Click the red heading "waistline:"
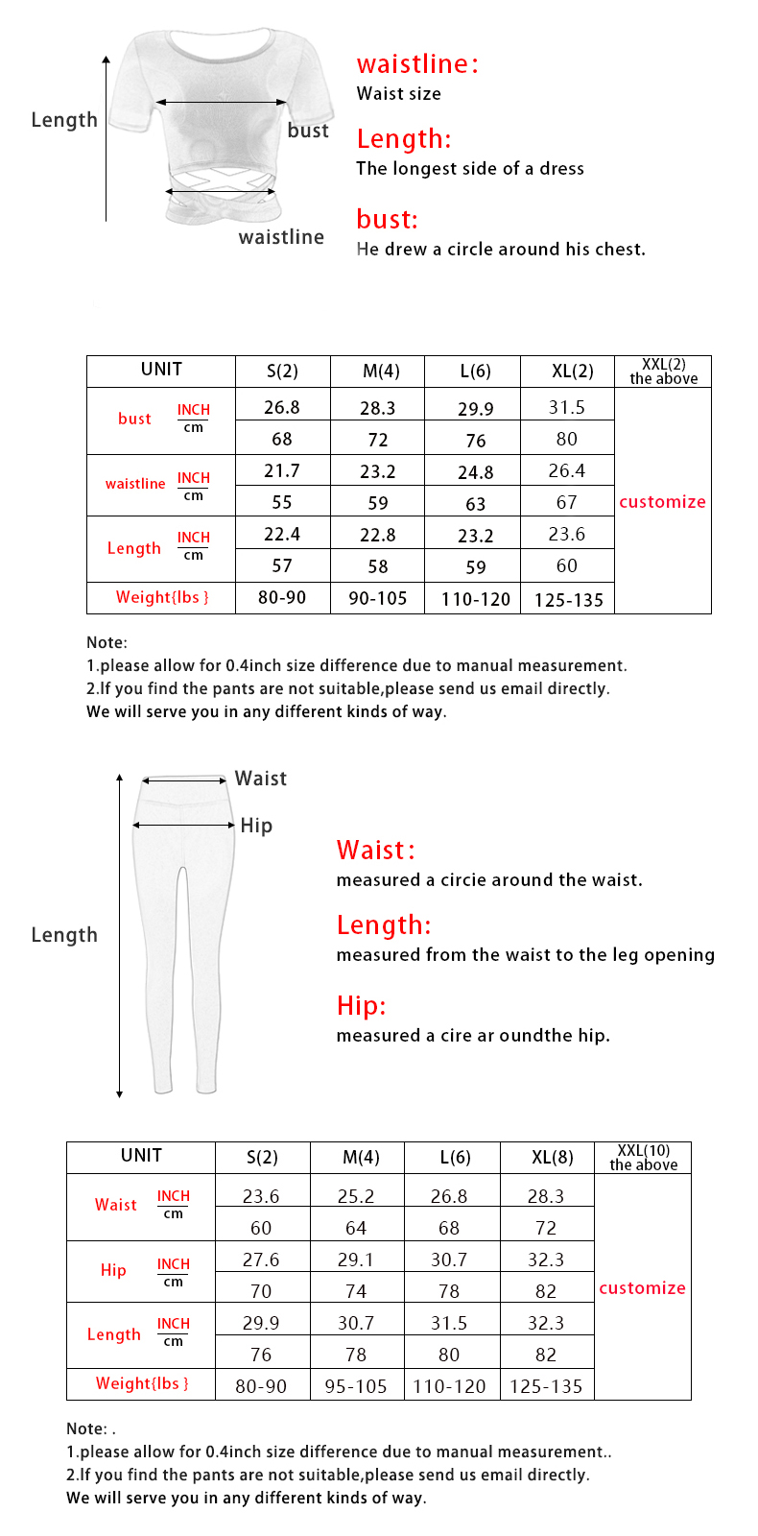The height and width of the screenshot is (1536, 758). tap(416, 64)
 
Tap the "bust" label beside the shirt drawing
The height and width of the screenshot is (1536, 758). tap(308, 131)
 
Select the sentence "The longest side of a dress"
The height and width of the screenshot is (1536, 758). tap(469, 168)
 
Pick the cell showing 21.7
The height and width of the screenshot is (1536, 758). tap(282, 470)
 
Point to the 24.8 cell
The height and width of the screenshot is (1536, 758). tap(475, 471)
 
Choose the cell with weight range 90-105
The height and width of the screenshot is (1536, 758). tap(378, 598)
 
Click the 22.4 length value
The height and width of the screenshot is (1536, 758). tap(282, 534)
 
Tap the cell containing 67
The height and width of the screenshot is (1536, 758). tap(567, 502)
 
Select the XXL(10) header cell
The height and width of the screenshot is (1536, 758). tap(643, 1158)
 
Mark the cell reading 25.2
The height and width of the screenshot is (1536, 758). tap(356, 1196)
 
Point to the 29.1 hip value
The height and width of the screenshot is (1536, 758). tap(356, 1260)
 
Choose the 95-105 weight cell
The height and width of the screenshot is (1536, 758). tap(356, 1386)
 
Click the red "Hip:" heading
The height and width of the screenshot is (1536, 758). tap(361, 1006)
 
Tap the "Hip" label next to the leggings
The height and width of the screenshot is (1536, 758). tap(256, 826)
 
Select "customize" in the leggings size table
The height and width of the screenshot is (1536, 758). tap(642, 1287)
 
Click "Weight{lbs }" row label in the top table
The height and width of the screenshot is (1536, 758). tap(161, 597)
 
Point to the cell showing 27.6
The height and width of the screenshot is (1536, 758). tap(261, 1260)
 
